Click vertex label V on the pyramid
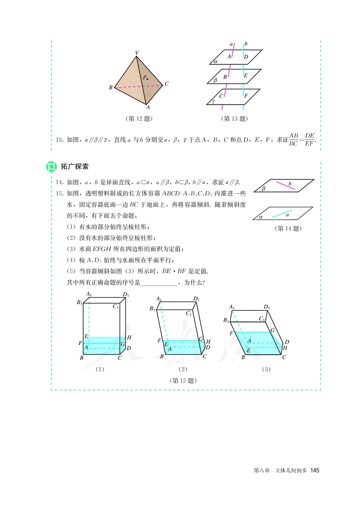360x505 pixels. (137, 53)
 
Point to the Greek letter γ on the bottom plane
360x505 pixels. (213, 102)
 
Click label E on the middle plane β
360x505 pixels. (246, 76)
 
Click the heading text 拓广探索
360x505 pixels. (75, 166)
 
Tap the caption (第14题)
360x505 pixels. (288, 228)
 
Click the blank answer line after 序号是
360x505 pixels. (159, 283)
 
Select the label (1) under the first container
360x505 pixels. (99, 369)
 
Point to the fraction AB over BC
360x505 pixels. (293, 139)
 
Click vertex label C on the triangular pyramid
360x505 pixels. (166, 84)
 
